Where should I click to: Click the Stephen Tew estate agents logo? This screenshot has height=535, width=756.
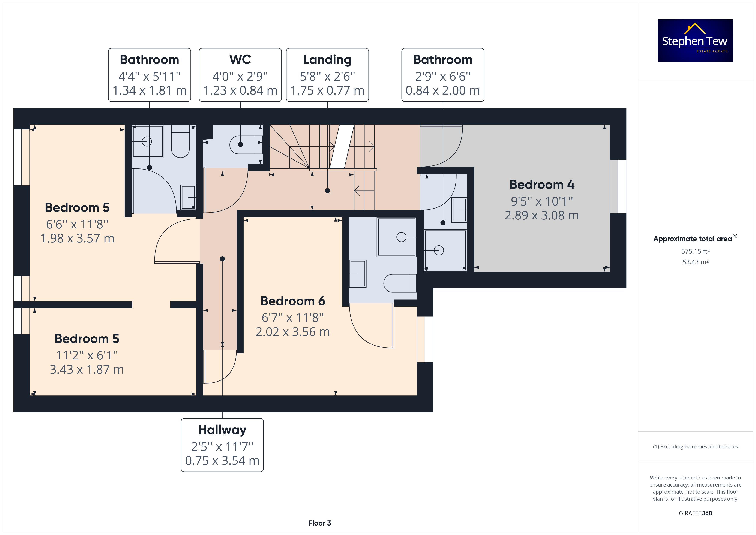[695, 41]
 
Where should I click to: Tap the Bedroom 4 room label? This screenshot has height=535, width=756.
[542, 185]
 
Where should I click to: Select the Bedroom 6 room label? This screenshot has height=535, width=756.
[293, 301]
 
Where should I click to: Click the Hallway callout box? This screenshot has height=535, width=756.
[222, 445]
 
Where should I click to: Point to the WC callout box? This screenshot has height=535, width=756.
[240, 75]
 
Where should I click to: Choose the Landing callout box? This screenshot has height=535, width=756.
[327, 75]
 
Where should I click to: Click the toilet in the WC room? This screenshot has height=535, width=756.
[246, 145]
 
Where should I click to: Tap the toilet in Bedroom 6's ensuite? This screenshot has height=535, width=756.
[400, 283]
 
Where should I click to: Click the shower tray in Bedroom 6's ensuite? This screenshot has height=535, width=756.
[397, 237]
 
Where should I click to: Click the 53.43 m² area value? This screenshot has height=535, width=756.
[695, 262]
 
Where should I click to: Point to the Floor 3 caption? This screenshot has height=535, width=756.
[320, 523]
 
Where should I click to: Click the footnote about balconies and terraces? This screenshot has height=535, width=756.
[695, 447]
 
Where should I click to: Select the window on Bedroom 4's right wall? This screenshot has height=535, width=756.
[618, 186]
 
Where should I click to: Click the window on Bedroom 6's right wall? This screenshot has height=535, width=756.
[425, 339]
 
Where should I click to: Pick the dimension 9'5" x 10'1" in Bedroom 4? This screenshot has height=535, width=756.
[542, 201]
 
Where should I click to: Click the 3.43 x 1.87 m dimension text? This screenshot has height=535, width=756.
[87, 369]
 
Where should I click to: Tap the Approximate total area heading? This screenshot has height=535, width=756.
[695, 239]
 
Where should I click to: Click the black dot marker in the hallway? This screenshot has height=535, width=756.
[222, 259]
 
